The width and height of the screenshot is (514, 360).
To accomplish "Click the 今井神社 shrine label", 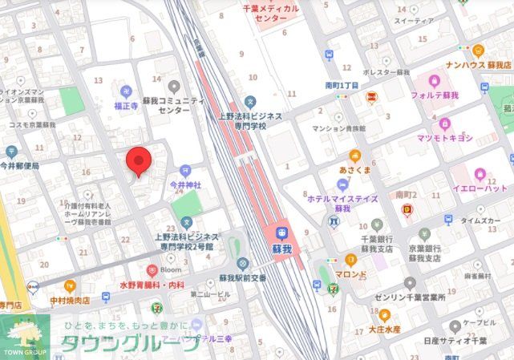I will (185, 184).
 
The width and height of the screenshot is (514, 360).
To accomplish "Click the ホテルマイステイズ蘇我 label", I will (342, 202).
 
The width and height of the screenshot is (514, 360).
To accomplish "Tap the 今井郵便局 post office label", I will (20, 166).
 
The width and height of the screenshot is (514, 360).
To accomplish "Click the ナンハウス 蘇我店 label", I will (477, 64).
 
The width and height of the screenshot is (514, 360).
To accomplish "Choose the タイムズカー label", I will (480, 220).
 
